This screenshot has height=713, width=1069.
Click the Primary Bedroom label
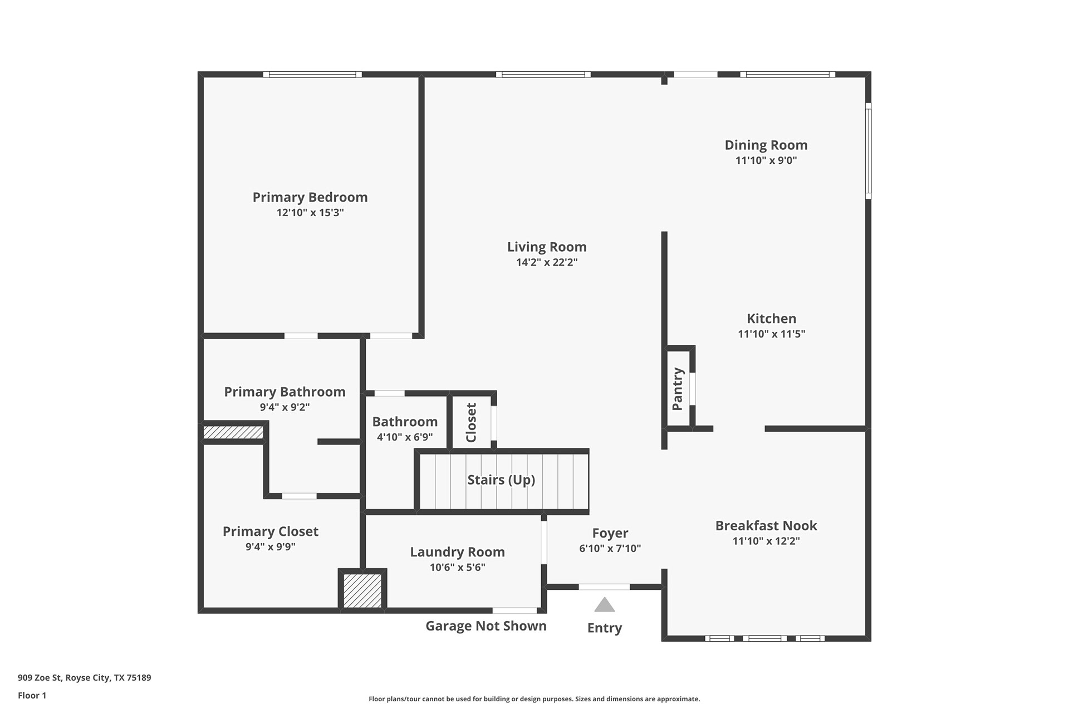(x=310, y=197)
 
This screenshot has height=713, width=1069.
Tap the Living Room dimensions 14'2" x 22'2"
(x=547, y=262)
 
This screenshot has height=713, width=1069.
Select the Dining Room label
(x=766, y=145)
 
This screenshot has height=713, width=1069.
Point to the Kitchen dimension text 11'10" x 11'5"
(x=772, y=334)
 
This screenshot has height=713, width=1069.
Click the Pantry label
(x=678, y=389)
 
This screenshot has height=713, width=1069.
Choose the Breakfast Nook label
(x=766, y=525)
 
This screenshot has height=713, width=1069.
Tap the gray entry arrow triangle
(x=605, y=605)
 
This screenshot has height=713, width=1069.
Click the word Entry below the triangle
(x=605, y=628)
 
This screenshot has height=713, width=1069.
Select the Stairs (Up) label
(x=501, y=480)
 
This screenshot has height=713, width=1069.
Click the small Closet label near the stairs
(x=471, y=422)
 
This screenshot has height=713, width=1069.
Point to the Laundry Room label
(x=458, y=552)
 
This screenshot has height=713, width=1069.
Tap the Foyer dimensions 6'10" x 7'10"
(x=610, y=548)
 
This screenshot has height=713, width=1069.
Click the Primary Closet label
(x=271, y=531)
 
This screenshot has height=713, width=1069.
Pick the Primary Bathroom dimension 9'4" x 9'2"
(x=285, y=407)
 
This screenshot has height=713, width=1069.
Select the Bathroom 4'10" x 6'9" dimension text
(x=405, y=437)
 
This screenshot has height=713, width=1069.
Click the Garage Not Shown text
(x=486, y=626)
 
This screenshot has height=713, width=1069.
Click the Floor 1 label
(x=32, y=695)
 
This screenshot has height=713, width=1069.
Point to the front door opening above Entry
(x=605, y=587)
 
